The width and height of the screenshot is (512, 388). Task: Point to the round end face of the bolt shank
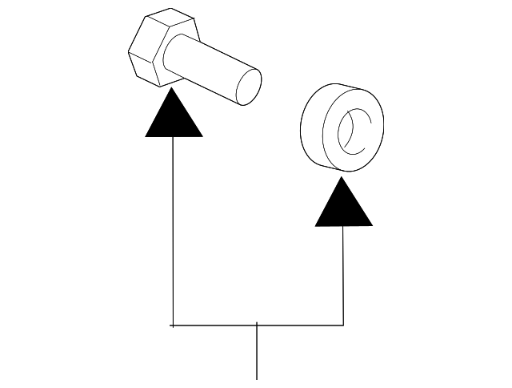(247, 87)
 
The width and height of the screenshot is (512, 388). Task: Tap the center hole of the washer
(352, 131)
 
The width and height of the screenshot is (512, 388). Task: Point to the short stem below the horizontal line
(257, 353)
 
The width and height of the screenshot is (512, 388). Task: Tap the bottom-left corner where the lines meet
(173, 325)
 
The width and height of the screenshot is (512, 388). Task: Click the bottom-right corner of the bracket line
(343, 325)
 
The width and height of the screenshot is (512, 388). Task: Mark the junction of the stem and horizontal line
(257, 325)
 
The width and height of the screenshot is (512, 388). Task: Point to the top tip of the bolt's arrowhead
(173, 89)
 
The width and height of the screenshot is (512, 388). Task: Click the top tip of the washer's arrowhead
(343, 177)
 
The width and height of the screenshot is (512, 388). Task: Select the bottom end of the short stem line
(257, 378)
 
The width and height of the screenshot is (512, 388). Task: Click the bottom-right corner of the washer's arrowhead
(372, 225)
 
